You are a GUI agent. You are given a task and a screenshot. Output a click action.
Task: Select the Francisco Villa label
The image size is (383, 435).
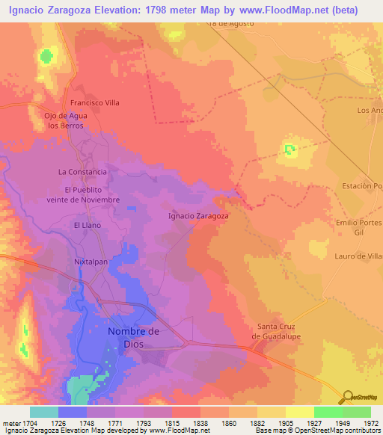point(95,103)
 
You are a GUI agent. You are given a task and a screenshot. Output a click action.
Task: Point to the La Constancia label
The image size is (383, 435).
point(82,172)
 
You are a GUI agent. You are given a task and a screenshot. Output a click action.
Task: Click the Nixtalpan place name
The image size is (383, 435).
point(92,262)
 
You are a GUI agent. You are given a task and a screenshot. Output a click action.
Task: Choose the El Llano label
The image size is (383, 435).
point(87,225)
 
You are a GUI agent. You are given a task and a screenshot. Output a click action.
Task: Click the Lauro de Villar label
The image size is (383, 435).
point(359,256)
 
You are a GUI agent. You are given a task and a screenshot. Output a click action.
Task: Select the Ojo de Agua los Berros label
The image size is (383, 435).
point(67,121)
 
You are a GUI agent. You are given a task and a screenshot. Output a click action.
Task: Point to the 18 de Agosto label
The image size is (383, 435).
point(232,23)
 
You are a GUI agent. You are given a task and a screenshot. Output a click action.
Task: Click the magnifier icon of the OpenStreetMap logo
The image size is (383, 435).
point(346,397)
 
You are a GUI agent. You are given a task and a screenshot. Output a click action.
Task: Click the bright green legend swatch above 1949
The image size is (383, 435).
point(328,412)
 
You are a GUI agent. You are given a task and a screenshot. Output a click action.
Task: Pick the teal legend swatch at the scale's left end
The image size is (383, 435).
point(44,412)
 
